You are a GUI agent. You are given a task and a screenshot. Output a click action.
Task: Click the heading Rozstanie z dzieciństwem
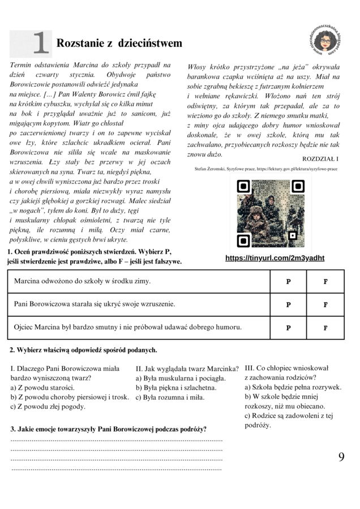click(119, 44)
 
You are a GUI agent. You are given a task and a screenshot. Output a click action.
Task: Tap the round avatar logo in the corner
click(327, 39)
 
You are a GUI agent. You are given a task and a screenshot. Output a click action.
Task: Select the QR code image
click(270, 214)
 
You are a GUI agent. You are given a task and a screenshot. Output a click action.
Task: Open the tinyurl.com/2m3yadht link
click(275, 258)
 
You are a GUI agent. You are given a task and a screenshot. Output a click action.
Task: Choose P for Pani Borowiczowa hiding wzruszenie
click(288, 305)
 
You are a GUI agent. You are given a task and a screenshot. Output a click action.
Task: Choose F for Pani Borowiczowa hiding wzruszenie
click(325, 305)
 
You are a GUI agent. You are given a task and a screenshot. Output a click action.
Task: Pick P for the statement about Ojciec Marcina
click(288, 327)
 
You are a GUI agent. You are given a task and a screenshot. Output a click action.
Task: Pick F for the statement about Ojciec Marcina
click(325, 327)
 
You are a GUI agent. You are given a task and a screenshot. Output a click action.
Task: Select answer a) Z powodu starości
click(42, 387)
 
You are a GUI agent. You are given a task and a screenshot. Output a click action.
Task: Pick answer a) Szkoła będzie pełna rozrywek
click(293, 387)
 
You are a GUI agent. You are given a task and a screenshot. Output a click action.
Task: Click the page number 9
click(341, 458)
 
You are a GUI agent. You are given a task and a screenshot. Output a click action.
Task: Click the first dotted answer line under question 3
click(117, 439)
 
